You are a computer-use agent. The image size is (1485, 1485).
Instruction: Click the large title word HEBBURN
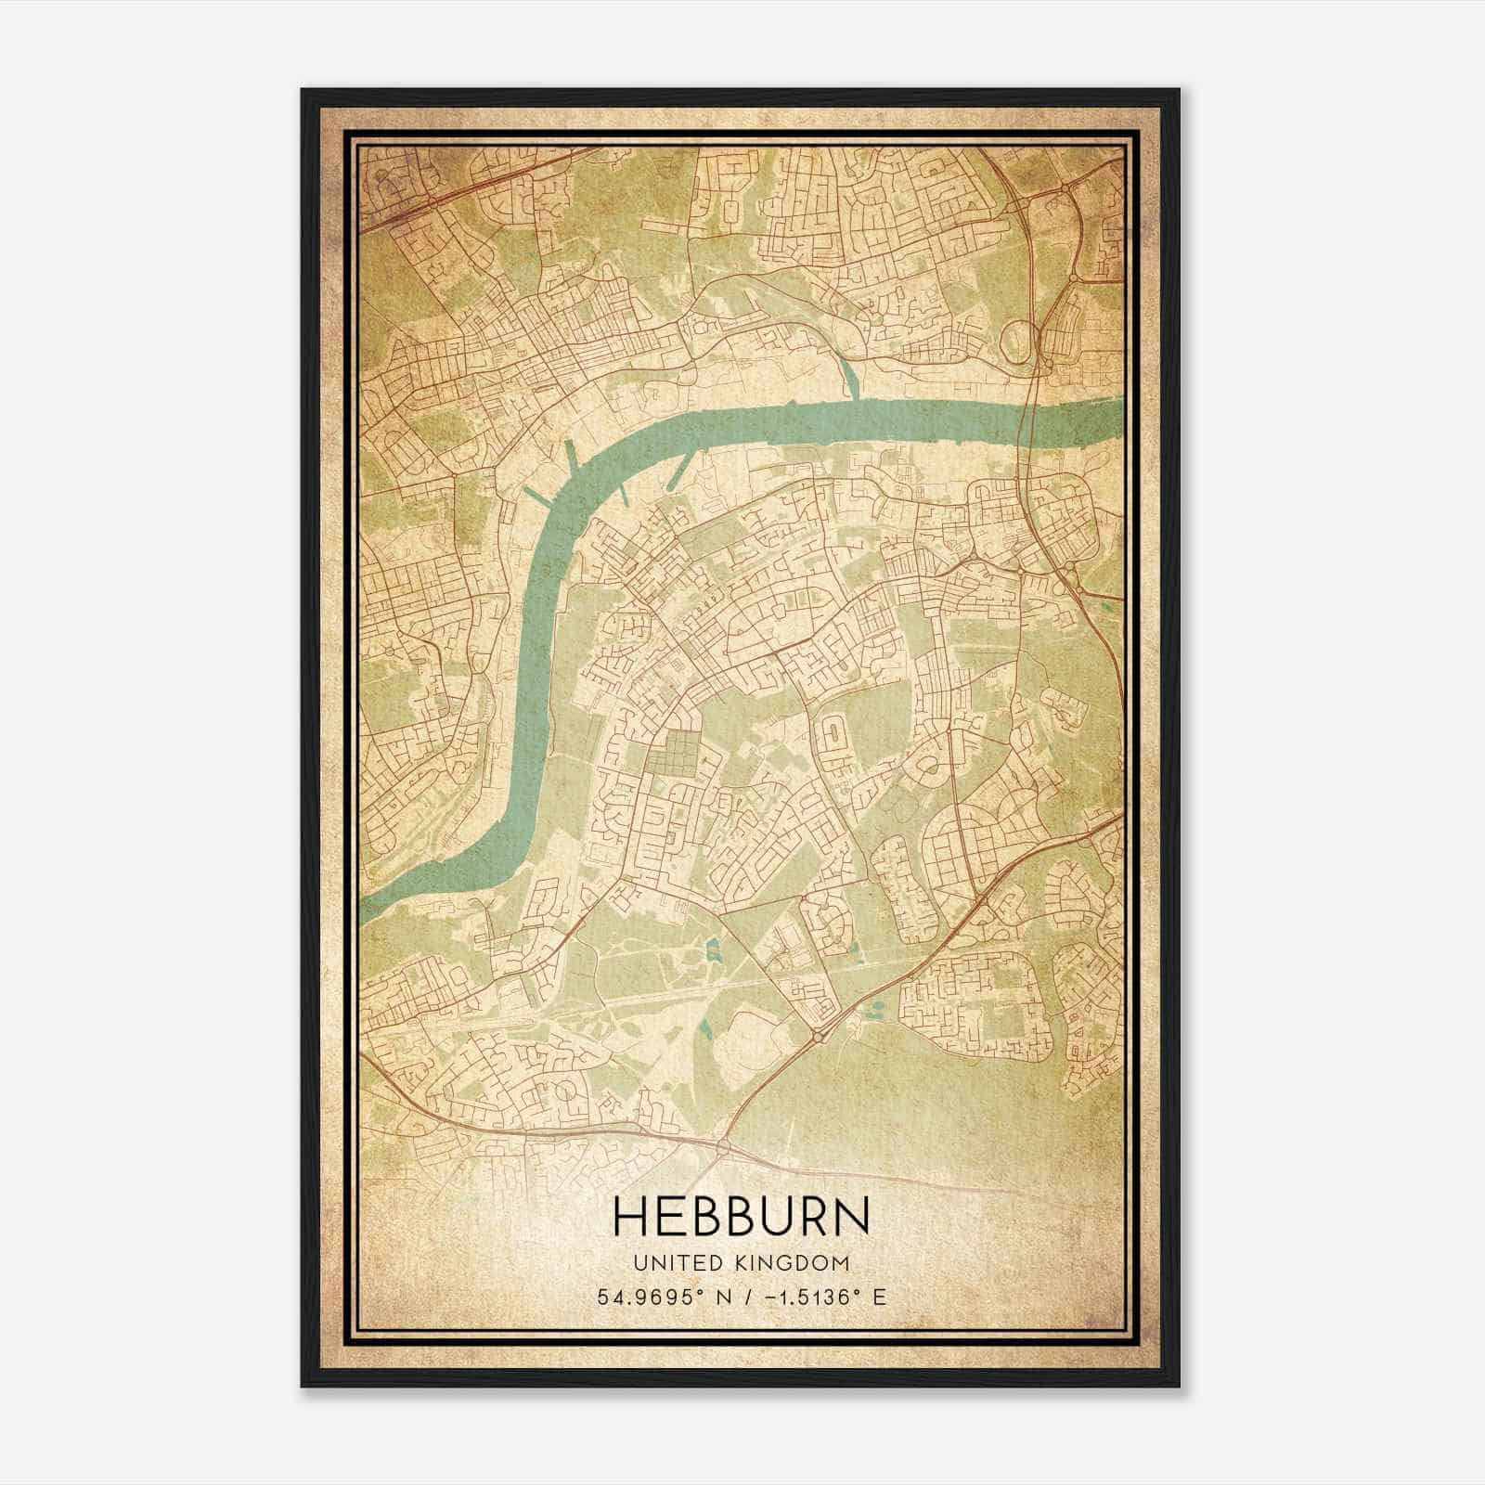pos(742,1217)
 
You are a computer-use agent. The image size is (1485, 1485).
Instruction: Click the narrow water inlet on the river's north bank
pos(851,376)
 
